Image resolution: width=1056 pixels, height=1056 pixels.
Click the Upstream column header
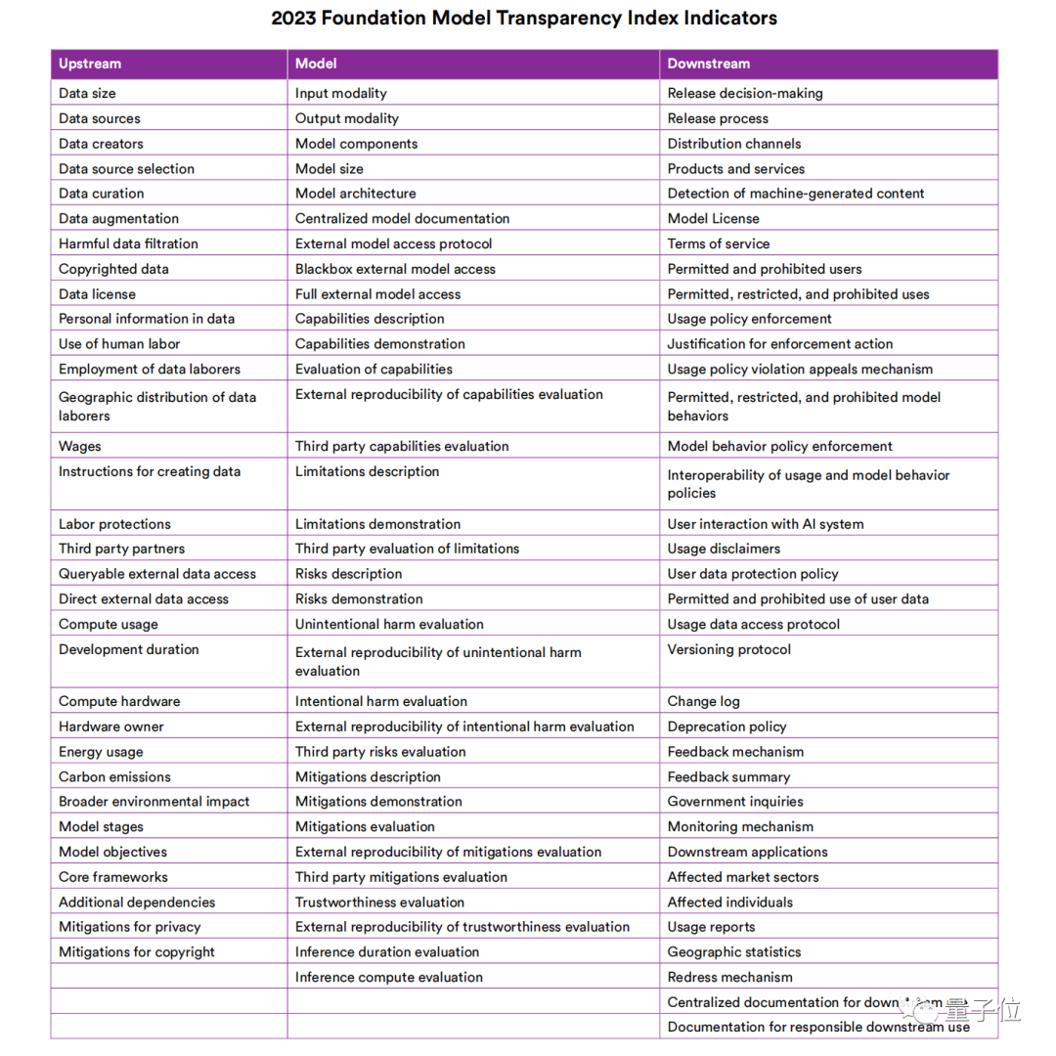(90, 64)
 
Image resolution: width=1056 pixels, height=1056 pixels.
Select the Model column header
(316, 64)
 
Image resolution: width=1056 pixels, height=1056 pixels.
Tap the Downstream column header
(709, 64)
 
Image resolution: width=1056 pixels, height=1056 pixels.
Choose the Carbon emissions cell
(114, 776)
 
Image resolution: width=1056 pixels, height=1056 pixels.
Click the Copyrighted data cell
(113, 269)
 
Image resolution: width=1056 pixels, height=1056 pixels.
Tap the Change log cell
(703, 701)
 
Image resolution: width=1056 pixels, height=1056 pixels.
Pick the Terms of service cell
(718, 243)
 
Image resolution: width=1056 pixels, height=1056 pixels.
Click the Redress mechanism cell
(729, 977)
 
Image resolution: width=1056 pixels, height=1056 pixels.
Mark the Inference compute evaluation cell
(389, 977)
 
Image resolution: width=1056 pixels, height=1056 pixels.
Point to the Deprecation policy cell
(726, 726)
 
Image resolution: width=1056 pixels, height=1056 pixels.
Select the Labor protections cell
(114, 524)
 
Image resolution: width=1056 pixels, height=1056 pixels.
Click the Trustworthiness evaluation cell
(379, 902)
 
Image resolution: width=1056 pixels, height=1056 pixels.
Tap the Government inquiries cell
(735, 801)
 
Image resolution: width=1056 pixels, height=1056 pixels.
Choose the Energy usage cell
(101, 752)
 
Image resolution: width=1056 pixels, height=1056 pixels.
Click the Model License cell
(713, 218)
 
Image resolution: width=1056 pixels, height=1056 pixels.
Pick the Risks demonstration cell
(359, 598)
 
